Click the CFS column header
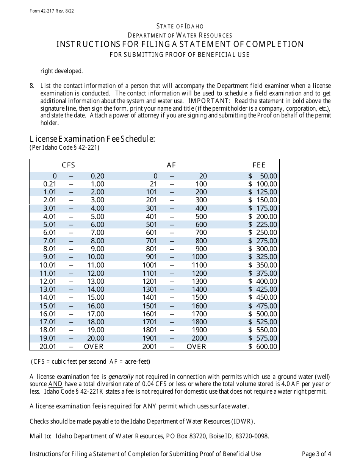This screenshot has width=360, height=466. pyautogui.click(x=69, y=165)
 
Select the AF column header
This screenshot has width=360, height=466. pyautogui.click(x=171, y=165)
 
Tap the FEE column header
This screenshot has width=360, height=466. pyautogui.click(x=259, y=165)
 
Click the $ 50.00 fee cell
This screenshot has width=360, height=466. pyautogui.click(x=263, y=176)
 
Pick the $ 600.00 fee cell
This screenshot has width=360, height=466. pyautogui.click(x=263, y=346)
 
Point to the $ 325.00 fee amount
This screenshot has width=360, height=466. pyautogui.click(x=263, y=257)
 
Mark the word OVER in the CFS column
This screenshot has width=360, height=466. pyautogui.click(x=94, y=346)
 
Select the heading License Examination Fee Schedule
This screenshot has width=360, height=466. pyautogui.click(x=92, y=139)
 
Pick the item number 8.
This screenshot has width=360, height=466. pyautogui.click(x=32, y=86)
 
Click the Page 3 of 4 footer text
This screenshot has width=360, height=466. pyautogui.click(x=316, y=453)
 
